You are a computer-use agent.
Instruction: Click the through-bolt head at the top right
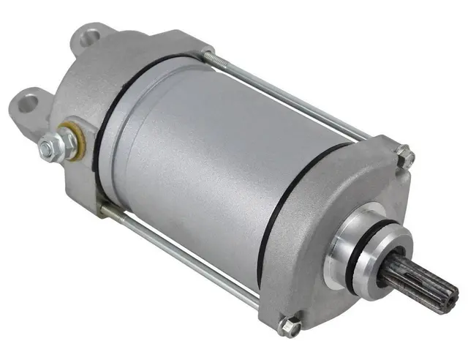point(405,155)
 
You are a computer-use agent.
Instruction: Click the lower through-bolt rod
point(183,252)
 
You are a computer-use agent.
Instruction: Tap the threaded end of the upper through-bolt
point(212,57)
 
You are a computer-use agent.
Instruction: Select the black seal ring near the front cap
point(274,220)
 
